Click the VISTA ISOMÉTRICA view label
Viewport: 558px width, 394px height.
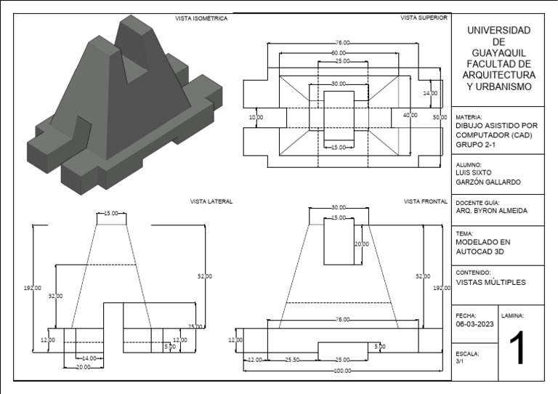(201, 19)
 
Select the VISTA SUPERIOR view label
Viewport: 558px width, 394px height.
(424, 17)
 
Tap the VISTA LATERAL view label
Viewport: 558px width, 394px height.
(211, 201)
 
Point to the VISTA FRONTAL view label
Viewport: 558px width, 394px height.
(425, 201)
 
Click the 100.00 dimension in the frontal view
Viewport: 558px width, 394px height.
(341, 371)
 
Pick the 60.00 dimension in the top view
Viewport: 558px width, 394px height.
(339, 53)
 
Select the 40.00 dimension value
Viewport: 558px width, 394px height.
(411, 116)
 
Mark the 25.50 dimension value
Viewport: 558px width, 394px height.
(293, 360)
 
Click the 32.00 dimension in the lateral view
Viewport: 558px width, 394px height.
(55, 296)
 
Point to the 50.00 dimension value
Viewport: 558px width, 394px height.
(440, 117)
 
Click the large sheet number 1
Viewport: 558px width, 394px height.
(517, 348)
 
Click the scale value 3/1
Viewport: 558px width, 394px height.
(459, 361)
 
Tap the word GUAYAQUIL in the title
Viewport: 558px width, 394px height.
(498, 54)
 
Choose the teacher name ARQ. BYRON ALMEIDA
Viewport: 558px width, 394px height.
(491, 212)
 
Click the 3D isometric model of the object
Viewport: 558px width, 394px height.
(124, 109)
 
